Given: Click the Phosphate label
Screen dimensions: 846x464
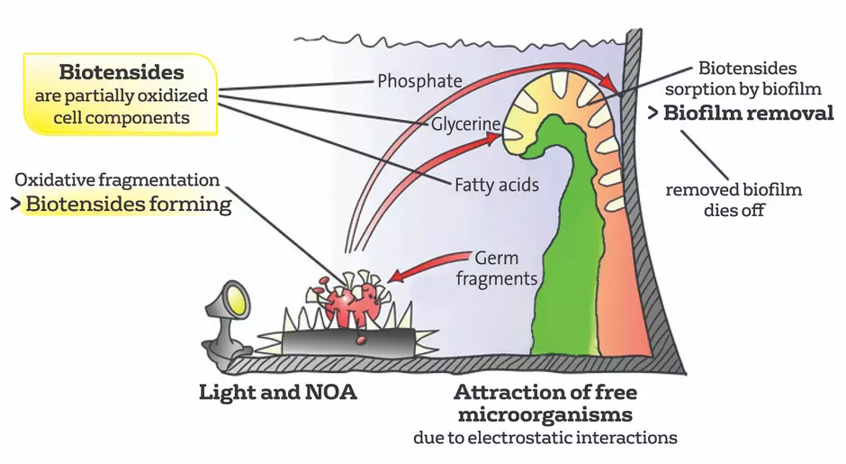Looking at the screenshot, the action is [419, 81].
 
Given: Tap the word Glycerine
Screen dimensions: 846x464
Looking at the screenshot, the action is [465, 124].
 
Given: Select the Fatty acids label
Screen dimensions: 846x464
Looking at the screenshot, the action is [497, 185].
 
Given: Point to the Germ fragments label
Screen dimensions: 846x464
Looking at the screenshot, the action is [497, 268].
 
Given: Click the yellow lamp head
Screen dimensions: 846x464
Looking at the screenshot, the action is [237, 299].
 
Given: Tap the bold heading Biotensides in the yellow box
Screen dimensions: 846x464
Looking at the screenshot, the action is [121, 72].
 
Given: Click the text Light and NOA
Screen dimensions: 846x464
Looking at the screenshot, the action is [278, 392].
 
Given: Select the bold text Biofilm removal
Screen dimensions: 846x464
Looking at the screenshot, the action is [748, 113].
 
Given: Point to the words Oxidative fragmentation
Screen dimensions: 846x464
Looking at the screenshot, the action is [117, 180].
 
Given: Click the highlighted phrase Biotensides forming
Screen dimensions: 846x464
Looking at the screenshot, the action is [129, 205].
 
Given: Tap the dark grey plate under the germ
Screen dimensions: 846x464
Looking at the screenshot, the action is [348, 342].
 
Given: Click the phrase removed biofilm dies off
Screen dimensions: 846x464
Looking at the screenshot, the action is [733, 199].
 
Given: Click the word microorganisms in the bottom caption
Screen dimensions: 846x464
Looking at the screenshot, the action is [544, 414].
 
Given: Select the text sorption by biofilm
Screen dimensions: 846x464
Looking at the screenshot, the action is [742, 89].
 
